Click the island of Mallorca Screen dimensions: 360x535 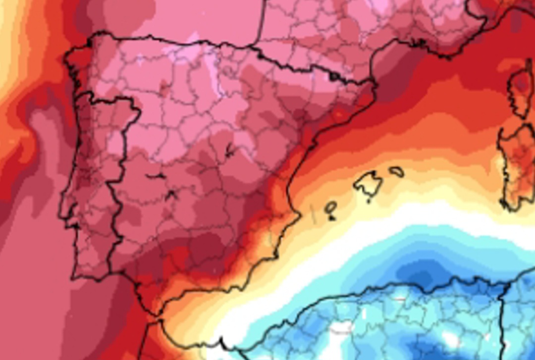pos(368,184)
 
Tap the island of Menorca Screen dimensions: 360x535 pos(396,172)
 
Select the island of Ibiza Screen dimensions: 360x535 pos(330,206)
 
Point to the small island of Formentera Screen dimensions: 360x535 pos(331,217)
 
